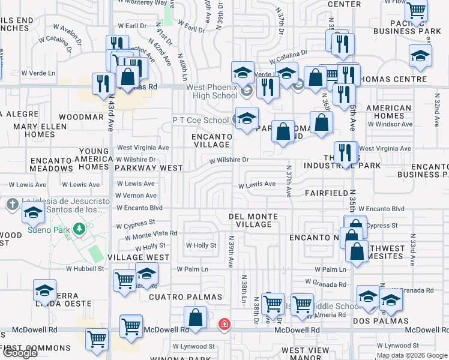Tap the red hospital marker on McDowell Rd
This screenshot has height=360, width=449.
[x=223, y=324]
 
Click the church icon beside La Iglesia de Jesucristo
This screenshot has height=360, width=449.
[x=12, y=205]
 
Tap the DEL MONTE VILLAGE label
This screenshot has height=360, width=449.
[x=254, y=220]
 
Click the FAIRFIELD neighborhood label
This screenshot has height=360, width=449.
[x=327, y=193]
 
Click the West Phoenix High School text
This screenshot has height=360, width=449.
[x=212, y=91]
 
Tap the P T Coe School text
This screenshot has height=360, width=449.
[x=200, y=120]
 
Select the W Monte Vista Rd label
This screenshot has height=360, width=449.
[x=151, y=233]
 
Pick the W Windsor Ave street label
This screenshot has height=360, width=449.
[x=390, y=124]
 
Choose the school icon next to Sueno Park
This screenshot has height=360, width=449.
[x=32, y=212]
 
